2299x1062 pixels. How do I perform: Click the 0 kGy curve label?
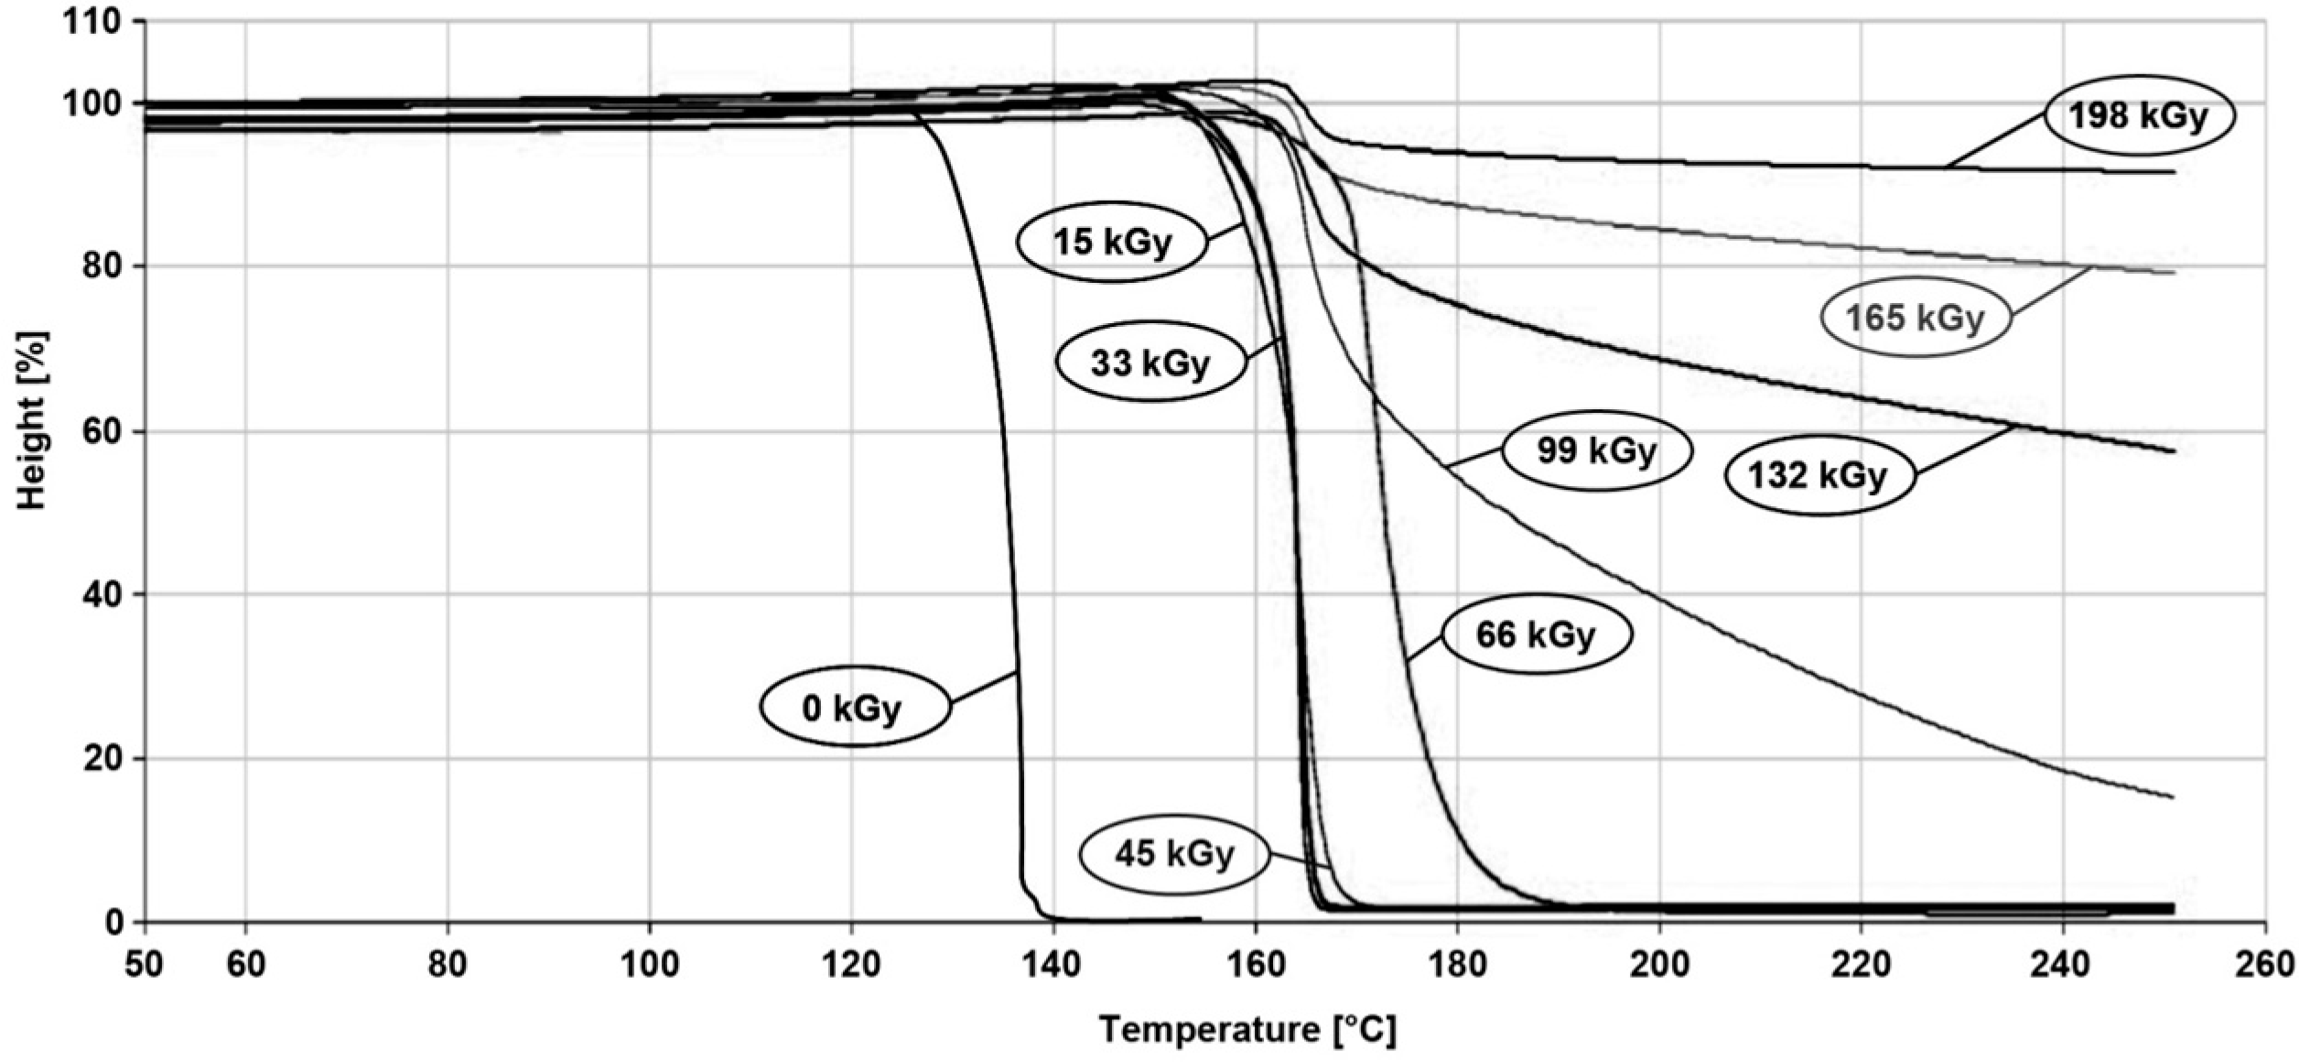[854, 707]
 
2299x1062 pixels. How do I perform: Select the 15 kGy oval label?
[1112, 242]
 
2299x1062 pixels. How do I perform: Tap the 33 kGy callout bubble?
[1150, 362]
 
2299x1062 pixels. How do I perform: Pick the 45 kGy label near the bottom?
[1174, 853]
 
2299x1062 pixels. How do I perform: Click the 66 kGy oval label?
[1536, 634]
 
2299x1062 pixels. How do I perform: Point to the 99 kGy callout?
[1596, 450]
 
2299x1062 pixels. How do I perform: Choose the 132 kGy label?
[1819, 474]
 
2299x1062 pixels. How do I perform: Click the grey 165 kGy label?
[1915, 317]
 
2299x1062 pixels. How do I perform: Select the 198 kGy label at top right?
[2139, 116]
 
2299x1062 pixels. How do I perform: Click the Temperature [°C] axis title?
[1247, 1029]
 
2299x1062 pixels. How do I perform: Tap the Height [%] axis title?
[31, 420]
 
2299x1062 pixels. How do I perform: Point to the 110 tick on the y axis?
[92, 22]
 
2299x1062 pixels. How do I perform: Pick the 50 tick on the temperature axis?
[145, 964]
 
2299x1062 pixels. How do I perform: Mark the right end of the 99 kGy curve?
[2171, 796]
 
